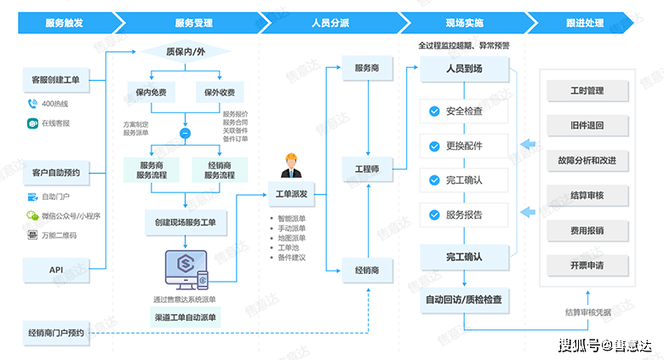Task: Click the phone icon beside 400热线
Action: pyautogui.click(x=32, y=104)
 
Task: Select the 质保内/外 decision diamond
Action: pyautogui.click(x=185, y=52)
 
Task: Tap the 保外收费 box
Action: pyautogui.click(x=220, y=91)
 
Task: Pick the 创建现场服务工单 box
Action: pyautogui.click(x=185, y=222)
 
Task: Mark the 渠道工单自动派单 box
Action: pyautogui.click(x=185, y=317)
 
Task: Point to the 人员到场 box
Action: pyautogui.click(x=464, y=69)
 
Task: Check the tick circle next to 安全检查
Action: pyautogui.click(x=435, y=111)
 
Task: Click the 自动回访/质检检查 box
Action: pyautogui.click(x=464, y=299)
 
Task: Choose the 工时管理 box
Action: pyautogui.click(x=587, y=89)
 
